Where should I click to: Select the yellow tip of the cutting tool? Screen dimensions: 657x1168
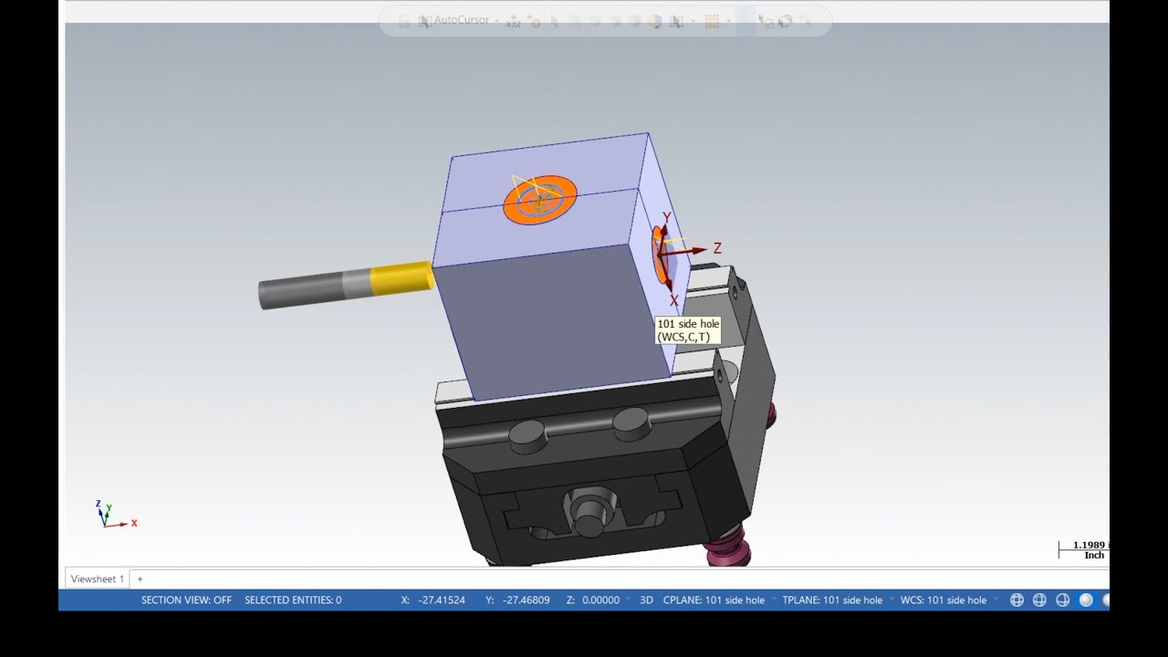401,278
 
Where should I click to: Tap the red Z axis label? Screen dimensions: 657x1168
717,248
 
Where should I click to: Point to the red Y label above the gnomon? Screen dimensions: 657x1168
667,218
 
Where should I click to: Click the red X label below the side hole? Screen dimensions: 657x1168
674,300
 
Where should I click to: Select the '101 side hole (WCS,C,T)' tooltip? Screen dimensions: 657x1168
688,330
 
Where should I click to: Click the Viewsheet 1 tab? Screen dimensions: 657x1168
97,579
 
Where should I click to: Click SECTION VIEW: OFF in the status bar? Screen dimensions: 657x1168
186,600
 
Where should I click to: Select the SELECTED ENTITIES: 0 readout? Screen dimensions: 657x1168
293,600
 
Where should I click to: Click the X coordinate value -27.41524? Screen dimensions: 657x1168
442,600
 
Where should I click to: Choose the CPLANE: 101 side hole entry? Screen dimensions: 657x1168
714,600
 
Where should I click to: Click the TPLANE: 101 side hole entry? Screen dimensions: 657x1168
832,600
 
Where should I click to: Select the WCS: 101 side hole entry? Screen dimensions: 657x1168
944,600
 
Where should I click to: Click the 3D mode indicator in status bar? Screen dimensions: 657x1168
646,600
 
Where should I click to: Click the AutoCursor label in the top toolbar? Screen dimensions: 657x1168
461,20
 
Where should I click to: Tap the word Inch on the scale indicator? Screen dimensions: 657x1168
1093,556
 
